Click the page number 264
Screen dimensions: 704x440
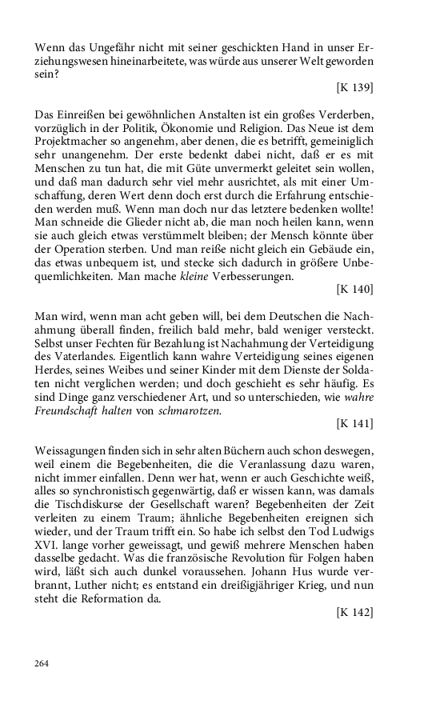click(x=43, y=663)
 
